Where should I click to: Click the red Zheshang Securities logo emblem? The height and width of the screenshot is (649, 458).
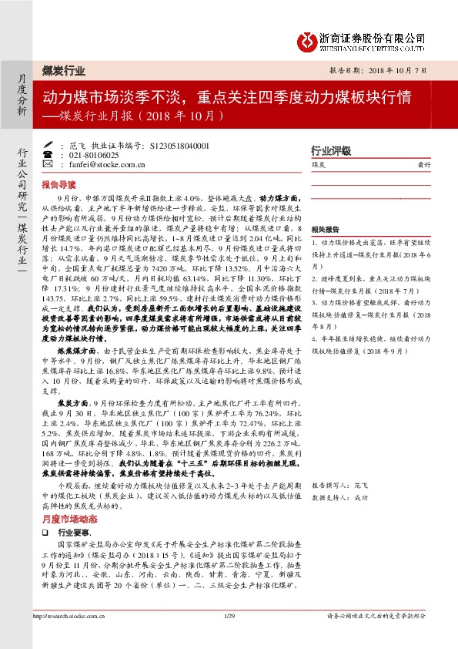308,39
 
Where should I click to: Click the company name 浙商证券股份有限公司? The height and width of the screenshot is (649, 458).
373,36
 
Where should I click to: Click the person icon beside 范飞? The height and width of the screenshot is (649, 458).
48,144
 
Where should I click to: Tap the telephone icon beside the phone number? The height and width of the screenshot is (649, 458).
48,154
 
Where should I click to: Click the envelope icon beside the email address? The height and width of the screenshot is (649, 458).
48,164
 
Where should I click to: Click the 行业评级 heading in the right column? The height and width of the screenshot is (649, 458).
330,150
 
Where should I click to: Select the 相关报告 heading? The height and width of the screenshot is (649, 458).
325,230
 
